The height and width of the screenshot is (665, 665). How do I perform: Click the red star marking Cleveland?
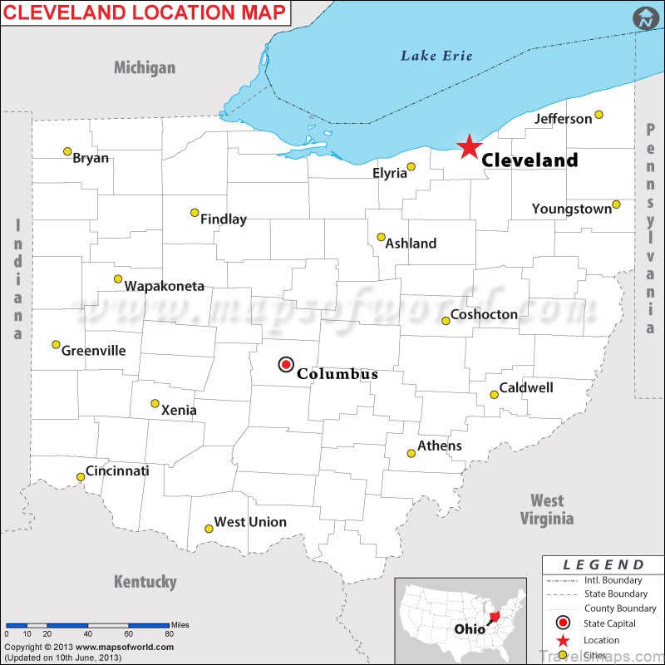click(469, 147)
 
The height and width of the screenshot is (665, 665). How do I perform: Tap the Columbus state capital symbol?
click(286, 364)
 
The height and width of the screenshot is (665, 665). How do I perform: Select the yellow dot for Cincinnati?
click(81, 476)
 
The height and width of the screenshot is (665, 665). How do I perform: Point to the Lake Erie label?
click(436, 56)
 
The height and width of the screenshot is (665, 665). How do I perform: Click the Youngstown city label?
click(571, 209)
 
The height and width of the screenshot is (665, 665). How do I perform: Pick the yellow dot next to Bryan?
click(67, 151)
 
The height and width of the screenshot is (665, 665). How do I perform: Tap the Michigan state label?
click(145, 67)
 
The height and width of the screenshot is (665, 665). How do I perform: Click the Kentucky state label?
click(145, 581)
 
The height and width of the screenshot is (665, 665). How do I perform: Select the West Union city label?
click(250, 522)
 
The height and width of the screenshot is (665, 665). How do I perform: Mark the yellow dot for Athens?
click(411, 453)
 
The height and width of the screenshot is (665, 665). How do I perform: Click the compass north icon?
click(643, 18)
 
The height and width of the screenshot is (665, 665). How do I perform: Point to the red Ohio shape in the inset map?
click(497, 616)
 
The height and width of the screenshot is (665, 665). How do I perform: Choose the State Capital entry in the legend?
click(609, 623)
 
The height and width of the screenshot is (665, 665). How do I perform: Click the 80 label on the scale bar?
click(170, 633)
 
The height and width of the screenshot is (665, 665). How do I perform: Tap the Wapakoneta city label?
click(165, 286)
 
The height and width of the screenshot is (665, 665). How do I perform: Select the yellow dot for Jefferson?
click(598, 115)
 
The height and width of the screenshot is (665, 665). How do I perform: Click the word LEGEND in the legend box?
click(603, 565)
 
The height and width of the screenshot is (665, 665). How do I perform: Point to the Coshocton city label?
click(484, 314)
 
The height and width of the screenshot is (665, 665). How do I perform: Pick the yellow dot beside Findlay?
click(195, 213)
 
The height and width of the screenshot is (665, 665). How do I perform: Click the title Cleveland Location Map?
click(145, 12)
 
